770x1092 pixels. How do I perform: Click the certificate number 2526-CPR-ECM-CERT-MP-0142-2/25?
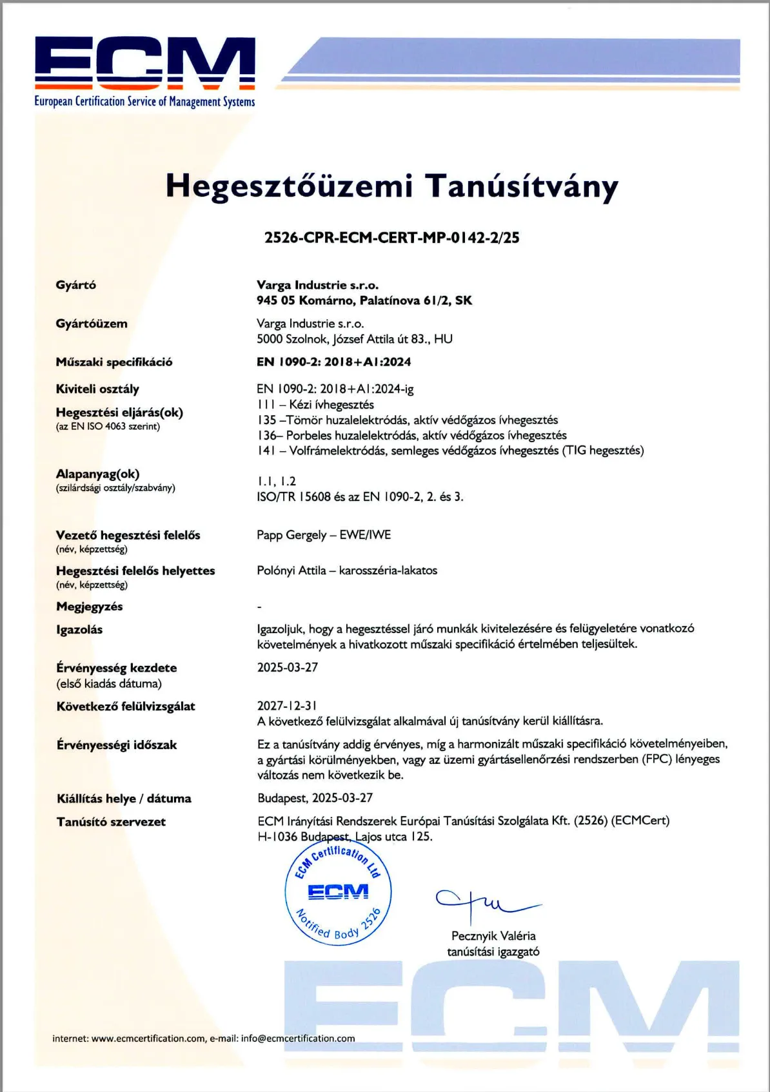391,238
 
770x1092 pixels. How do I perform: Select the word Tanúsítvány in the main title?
521,187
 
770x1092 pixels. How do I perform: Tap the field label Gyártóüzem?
92,324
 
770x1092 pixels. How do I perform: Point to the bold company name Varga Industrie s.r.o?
317,285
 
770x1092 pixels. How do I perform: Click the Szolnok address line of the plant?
354,339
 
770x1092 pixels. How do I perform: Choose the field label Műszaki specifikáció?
114,362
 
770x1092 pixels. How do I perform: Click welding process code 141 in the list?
266,451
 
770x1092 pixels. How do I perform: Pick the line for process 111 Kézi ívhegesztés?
315,405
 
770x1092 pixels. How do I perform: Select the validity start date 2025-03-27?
288,668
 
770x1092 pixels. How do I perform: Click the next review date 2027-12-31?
287,706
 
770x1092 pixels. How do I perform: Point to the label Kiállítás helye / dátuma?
124,799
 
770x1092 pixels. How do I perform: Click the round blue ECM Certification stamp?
338,893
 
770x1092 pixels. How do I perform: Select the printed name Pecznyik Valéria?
493,936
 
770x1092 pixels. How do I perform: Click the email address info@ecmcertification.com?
298,1038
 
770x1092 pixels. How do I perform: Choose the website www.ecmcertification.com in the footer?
148,1038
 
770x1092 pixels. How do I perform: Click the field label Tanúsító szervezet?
111,822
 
